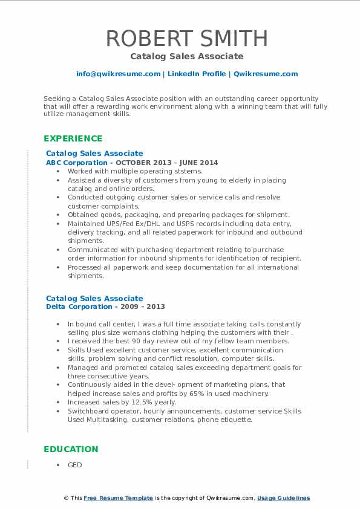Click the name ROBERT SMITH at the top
(x=187, y=38)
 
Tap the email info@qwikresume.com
(x=118, y=74)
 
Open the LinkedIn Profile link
(x=197, y=74)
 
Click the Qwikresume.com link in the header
(x=266, y=74)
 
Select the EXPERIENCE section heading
(x=73, y=138)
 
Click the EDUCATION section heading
(x=71, y=449)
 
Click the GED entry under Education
(x=74, y=465)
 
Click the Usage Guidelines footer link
(x=283, y=498)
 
